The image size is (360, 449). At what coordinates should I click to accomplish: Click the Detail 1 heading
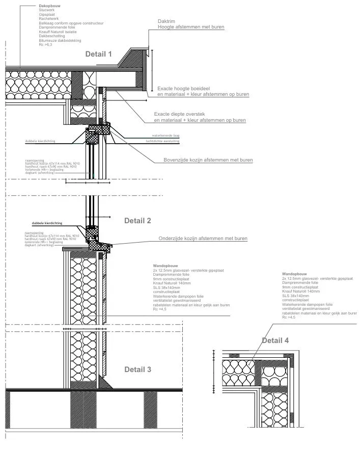[x=98, y=54]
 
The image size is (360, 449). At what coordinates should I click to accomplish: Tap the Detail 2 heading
[x=137, y=221]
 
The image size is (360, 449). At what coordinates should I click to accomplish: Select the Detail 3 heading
[x=137, y=369]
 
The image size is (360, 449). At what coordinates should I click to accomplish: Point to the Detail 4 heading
[x=275, y=340]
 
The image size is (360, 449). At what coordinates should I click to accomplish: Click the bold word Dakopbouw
[x=49, y=6]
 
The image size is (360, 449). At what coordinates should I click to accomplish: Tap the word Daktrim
[x=166, y=21]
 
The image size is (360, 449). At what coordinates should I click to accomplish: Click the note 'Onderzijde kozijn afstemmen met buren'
[x=203, y=239]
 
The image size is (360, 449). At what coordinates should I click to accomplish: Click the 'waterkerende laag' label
[x=165, y=136]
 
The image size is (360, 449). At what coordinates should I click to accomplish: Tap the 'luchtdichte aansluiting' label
[x=165, y=142]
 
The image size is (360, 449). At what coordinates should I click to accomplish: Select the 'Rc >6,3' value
[x=46, y=45]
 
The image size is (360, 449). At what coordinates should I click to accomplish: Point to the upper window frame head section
[x=98, y=132]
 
